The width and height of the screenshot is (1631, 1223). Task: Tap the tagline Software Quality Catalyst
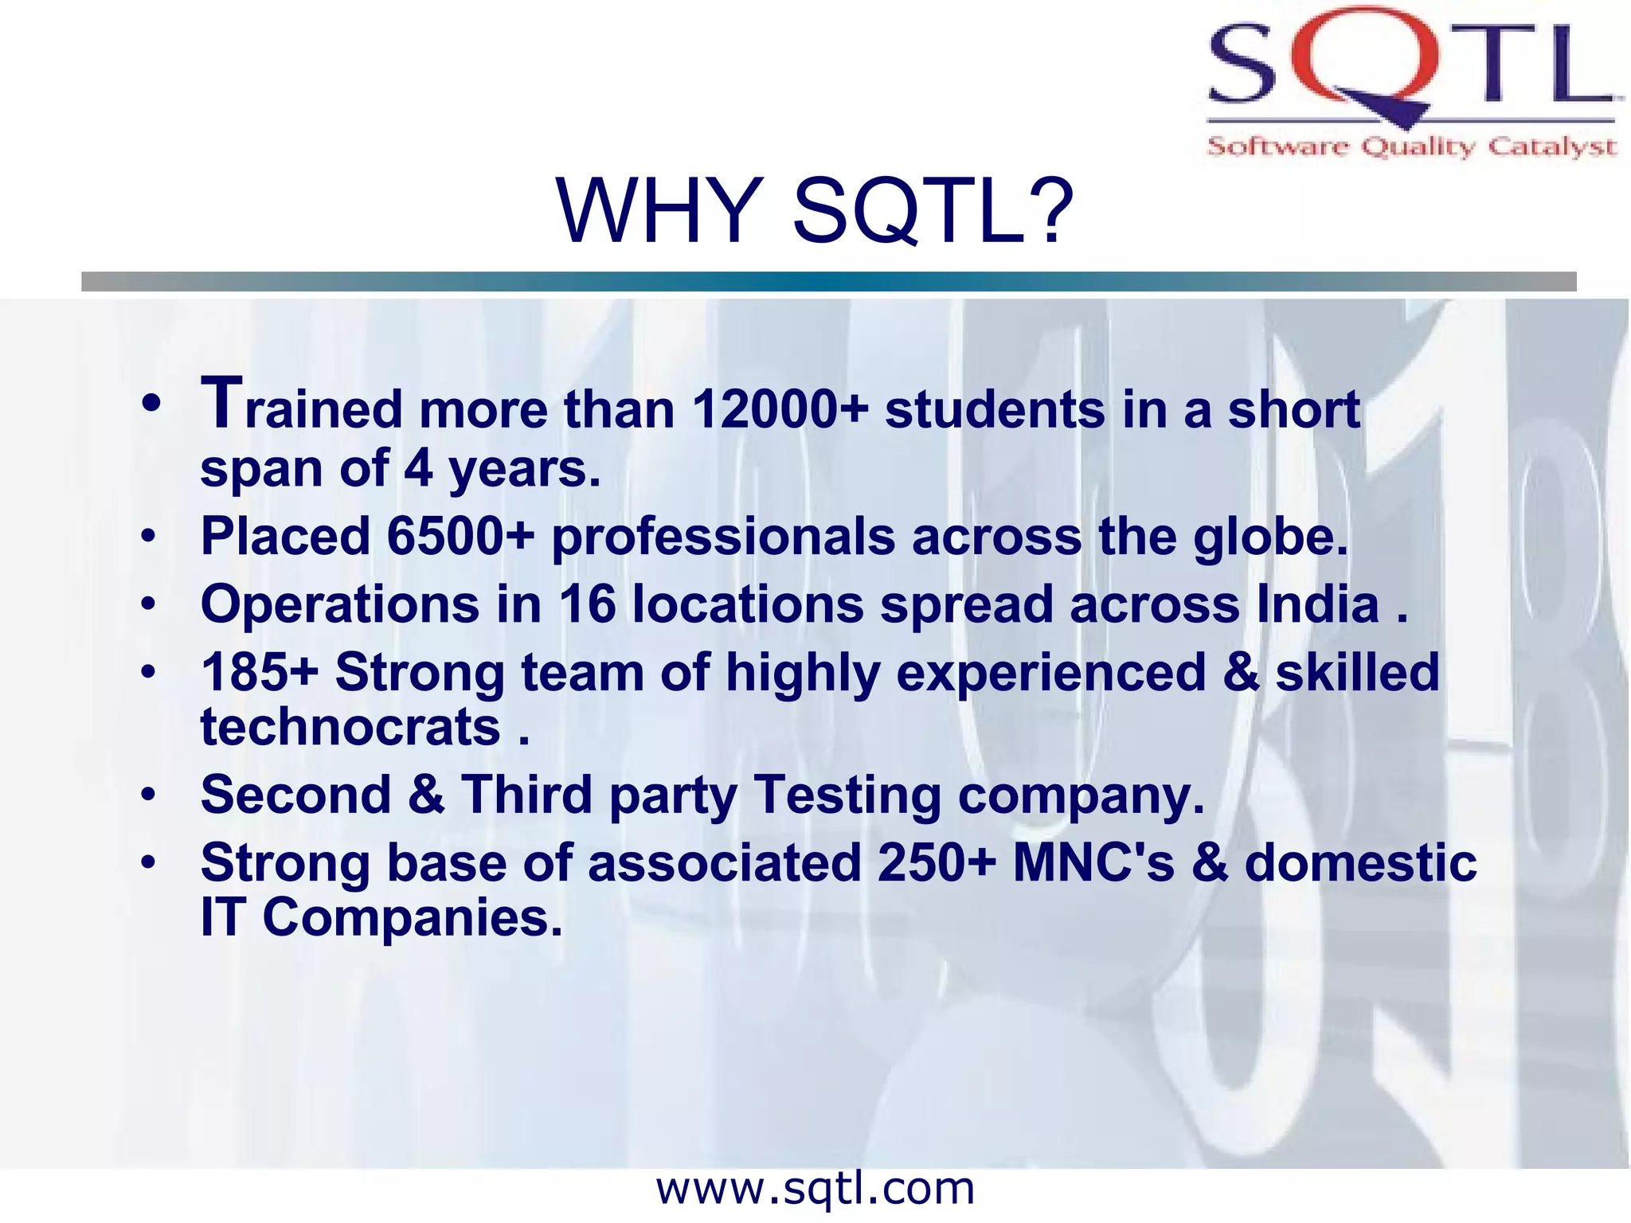(1411, 147)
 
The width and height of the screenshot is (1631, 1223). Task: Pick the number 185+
(260, 672)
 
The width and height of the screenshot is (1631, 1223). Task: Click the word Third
(526, 795)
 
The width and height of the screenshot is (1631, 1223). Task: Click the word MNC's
(1093, 862)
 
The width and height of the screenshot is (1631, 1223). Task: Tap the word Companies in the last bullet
(412, 918)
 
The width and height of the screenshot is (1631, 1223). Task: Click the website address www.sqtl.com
(815, 1189)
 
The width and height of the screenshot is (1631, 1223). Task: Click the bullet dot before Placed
(149, 537)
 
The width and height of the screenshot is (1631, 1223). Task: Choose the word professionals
(723, 536)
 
